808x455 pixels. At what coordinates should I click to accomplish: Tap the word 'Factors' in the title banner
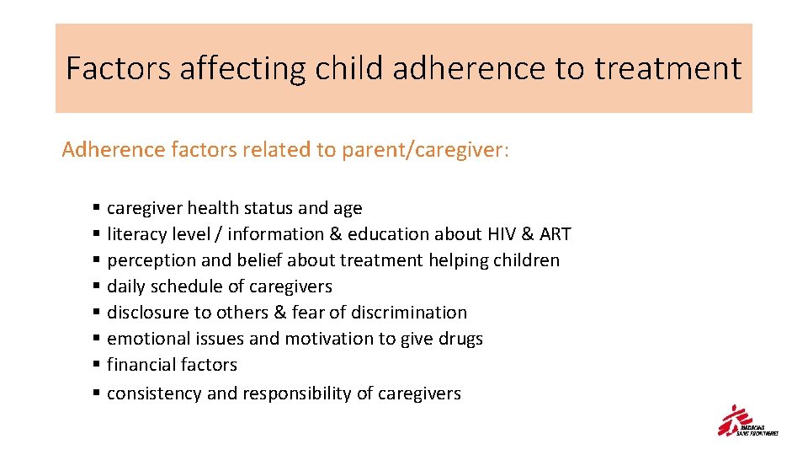pyautogui.click(x=118, y=68)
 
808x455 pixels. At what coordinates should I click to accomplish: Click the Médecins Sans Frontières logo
pyautogui.click(x=747, y=421)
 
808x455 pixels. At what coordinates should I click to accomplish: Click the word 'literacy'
pyautogui.click(x=137, y=234)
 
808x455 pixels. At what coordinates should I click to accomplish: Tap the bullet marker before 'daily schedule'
pyautogui.click(x=98, y=286)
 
